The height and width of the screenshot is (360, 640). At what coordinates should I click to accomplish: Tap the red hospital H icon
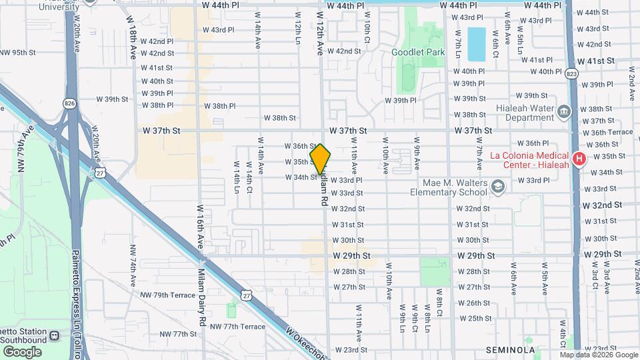pos(579,159)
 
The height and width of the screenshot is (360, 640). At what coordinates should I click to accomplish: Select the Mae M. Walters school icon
pos(497,186)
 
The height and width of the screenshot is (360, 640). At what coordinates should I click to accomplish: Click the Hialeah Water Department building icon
pos(563,111)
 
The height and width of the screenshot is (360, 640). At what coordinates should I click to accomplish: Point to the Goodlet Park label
pos(417,52)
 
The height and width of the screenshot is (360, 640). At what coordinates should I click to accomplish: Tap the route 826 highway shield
pos(70,103)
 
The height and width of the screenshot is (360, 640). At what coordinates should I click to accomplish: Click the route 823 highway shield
pos(572,73)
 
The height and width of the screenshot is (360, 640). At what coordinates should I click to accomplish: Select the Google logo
pos(22,351)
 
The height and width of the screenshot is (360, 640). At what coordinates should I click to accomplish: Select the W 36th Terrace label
pos(608,133)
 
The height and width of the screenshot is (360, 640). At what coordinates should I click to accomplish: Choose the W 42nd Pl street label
pos(157,41)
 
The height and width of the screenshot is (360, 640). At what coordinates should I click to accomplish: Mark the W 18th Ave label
pos(133,43)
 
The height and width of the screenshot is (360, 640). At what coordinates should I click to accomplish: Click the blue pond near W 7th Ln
pos(476,43)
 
